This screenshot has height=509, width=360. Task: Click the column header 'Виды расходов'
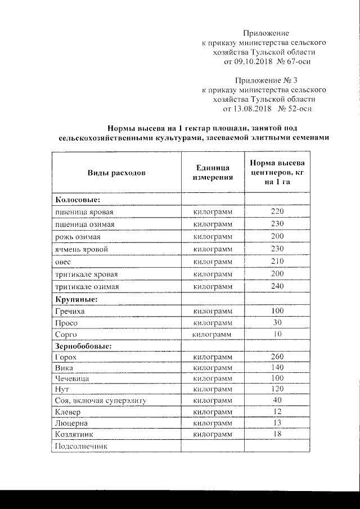click(x=116, y=173)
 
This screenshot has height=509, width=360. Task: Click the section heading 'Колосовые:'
click(x=77, y=200)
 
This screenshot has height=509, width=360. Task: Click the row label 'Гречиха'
click(x=70, y=311)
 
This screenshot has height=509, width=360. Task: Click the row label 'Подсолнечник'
click(x=81, y=447)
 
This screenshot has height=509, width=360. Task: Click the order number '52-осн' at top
click(x=299, y=107)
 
